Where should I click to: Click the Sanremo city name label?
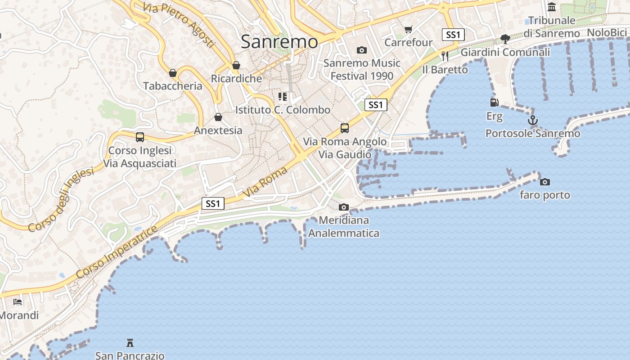(279, 42)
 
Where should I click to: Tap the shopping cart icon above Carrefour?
(408, 30)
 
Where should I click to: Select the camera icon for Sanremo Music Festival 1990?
(361, 50)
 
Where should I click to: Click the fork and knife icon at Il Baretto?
(445, 56)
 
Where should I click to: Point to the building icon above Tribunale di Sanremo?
(552, 7)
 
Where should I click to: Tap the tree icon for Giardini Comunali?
(505, 39)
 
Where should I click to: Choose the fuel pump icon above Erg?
(494, 103)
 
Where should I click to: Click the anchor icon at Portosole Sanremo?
(533, 120)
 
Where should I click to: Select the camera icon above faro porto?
(545, 182)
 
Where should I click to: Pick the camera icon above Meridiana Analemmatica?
(344, 207)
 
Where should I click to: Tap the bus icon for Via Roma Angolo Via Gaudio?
(345, 128)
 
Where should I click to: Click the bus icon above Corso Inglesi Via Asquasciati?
(140, 137)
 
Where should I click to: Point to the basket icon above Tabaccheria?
(173, 73)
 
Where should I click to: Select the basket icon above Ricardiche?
(236, 66)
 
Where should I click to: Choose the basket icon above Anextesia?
(218, 117)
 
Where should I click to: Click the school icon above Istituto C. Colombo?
(283, 97)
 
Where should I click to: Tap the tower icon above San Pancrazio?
(130, 343)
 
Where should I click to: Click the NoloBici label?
(607, 32)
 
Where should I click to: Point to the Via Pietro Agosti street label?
(179, 25)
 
